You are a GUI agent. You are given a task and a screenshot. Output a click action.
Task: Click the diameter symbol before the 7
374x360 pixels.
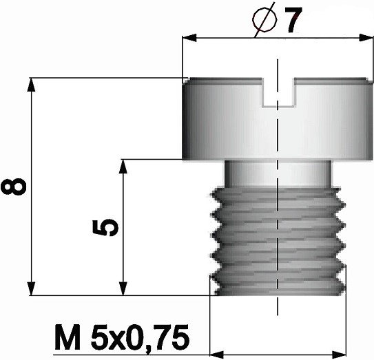264,20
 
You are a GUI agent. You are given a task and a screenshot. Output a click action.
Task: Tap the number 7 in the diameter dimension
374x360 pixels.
293,20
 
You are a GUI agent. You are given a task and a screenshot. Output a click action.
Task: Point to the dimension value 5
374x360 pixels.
105,227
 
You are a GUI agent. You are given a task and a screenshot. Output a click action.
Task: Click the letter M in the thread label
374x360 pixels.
67,337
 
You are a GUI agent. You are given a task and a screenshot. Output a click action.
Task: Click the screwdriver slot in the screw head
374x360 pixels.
278,92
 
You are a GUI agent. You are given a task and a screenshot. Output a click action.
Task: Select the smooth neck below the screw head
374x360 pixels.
278,173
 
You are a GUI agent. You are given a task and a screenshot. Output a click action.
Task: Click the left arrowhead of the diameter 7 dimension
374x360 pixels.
189,38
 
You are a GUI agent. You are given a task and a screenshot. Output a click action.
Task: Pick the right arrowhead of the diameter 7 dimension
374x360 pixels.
366,38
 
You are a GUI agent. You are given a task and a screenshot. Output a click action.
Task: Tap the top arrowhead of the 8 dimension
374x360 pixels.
31,85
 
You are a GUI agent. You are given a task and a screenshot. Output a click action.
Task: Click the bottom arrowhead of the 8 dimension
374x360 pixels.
31,288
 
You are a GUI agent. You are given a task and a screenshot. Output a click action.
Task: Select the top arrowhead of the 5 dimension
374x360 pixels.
123,166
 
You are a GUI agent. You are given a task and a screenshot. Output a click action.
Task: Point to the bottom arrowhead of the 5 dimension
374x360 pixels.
123,288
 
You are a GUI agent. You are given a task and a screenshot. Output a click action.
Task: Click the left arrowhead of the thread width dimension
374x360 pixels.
217,354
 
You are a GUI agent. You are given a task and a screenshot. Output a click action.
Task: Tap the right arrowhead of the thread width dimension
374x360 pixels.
339,354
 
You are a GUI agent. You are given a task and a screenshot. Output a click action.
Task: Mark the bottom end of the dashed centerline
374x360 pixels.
278,315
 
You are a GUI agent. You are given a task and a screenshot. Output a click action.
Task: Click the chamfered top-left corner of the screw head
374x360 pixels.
185,81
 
